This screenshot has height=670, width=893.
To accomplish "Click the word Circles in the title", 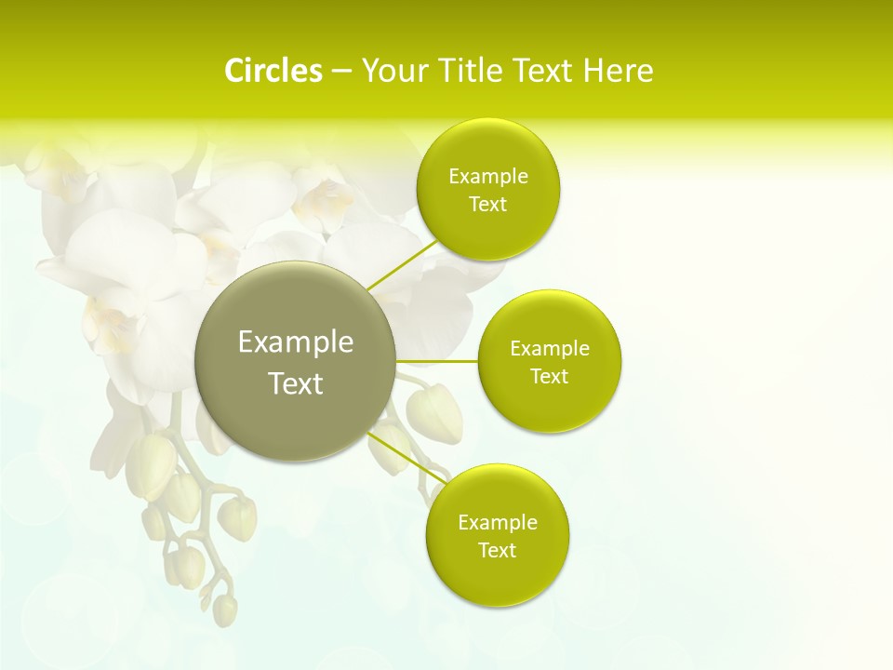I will point(273,71).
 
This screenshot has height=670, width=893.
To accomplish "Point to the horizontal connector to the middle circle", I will point(436,360).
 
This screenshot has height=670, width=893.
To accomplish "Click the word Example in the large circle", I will point(295,342).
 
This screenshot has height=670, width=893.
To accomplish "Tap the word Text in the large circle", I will point(295,383).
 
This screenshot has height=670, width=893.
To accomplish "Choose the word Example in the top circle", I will point(487,177).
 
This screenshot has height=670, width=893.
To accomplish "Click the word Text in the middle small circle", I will point(550,376).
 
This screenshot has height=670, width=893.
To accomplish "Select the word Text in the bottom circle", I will point(497,550).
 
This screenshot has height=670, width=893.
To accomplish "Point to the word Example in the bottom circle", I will point(497,522).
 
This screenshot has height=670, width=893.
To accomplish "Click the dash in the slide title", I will point(340,71).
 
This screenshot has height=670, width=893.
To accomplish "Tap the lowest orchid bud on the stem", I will point(224,609).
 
